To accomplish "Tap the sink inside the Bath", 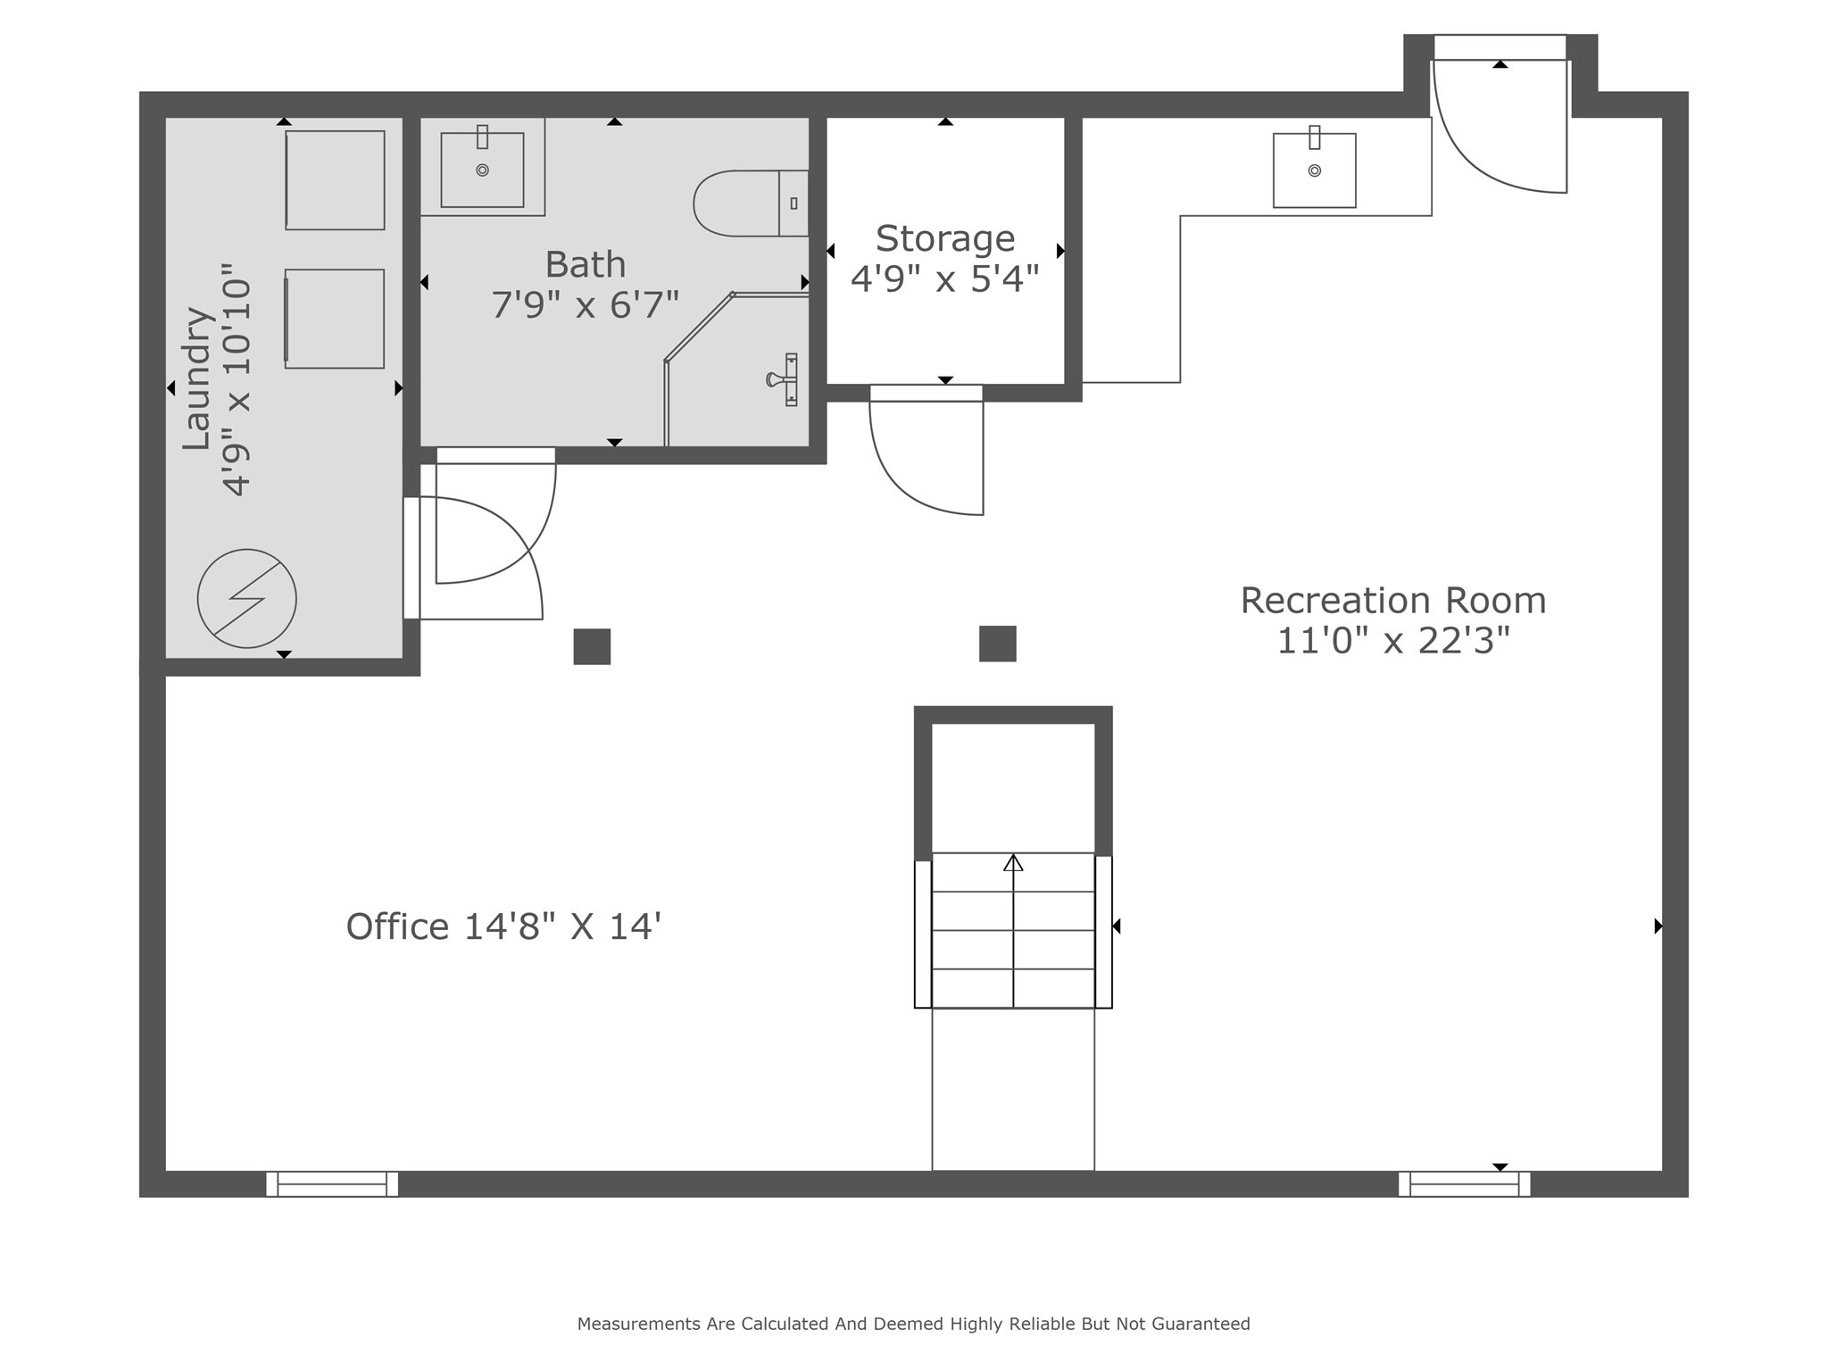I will pos(482,170).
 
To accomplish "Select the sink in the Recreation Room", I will pos(1314,170).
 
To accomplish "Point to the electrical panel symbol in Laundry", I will pos(246,598).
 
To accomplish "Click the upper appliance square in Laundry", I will pos(335,180).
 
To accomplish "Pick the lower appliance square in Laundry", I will pos(335,319).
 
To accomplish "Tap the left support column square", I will pos(592,646).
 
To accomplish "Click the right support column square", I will pos(997,644).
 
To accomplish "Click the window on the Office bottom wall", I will pos(332,1184).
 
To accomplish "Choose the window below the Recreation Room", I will pos(1464,1184).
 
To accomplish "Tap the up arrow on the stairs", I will pos(1013,863).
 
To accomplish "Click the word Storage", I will pos(944,239).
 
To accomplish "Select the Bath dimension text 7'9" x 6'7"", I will pos(585,305).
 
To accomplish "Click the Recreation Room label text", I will pos(1392,601).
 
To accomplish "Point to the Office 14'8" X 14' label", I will pos(503,926).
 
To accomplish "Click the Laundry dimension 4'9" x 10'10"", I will pos(237,379).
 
